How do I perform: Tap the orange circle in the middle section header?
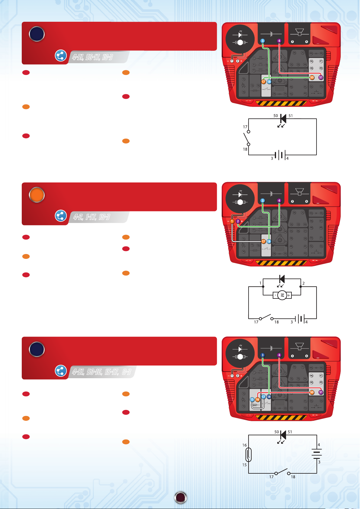(37, 195)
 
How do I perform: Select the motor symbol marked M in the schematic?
(282, 295)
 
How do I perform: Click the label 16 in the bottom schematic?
(245, 445)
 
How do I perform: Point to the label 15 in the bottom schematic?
(245, 465)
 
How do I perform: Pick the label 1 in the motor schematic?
(260, 283)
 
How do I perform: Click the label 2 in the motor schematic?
(304, 283)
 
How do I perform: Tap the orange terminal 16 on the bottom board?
(258, 399)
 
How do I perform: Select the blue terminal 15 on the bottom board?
(252, 399)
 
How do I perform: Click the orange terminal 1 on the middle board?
(232, 221)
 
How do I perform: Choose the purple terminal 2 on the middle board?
(238, 221)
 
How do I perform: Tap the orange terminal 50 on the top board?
(312, 77)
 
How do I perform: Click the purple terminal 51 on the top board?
(321, 77)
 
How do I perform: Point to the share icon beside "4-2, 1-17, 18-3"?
(61, 216)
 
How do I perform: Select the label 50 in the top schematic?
(276, 116)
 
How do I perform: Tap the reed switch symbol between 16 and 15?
(248, 455)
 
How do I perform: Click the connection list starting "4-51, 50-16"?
(101, 372)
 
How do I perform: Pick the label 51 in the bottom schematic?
(290, 432)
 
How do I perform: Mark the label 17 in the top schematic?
(245, 127)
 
